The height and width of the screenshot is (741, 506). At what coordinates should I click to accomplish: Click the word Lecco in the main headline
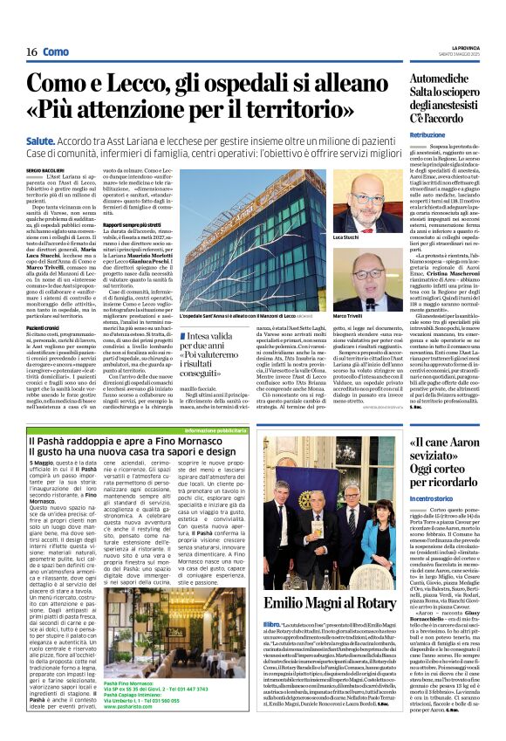[x=140, y=84]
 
